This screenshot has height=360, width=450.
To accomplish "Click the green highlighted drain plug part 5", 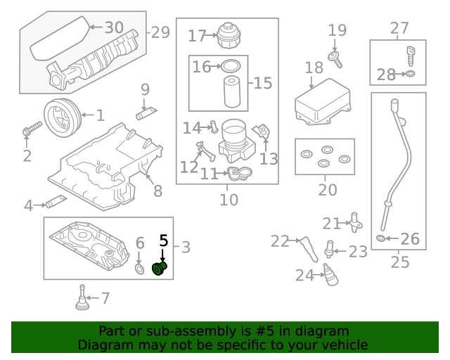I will (160, 270).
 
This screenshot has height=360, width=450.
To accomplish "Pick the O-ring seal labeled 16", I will (229, 67).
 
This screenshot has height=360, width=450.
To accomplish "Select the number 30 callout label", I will (113, 27).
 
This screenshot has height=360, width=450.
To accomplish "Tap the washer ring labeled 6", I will (139, 269).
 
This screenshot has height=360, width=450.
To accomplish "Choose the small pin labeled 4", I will (56, 203).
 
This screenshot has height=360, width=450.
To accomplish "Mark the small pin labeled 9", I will (146, 111).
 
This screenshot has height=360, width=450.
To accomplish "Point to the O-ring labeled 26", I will (381, 239).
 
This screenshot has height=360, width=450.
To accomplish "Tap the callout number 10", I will (229, 200).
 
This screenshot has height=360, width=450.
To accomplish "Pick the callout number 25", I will (399, 262).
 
